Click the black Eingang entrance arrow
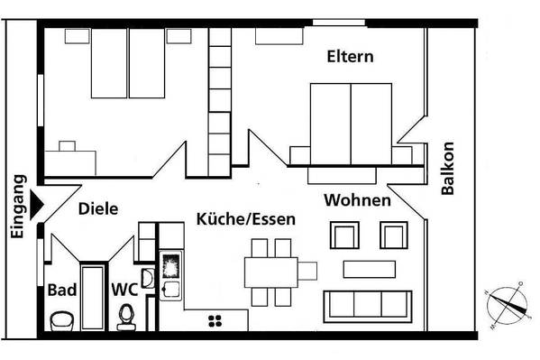[36, 205]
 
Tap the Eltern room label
[351, 57]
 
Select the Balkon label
[448, 169]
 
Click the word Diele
[98, 209]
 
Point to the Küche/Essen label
[246, 219]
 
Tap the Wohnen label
[358, 200]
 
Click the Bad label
[62, 290]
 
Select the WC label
[124, 290]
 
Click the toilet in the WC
[126, 318]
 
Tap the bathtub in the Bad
[92, 298]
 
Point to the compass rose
[507, 305]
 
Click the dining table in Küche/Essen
[271, 272]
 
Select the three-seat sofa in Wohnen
[368, 307]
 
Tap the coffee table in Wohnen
[370, 269]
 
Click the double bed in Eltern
[351, 125]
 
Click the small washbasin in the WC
[149, 278]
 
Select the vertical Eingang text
[17, 207]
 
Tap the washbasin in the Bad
[62, 321]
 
